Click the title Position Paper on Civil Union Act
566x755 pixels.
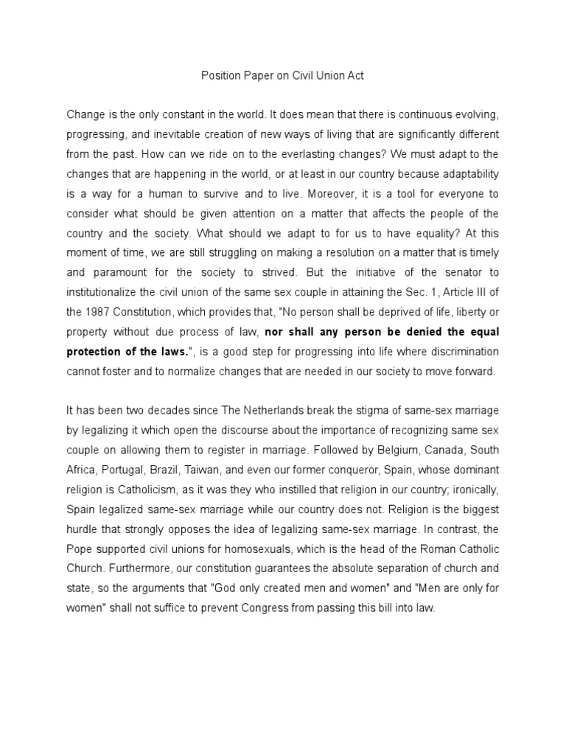coord(282,75)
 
